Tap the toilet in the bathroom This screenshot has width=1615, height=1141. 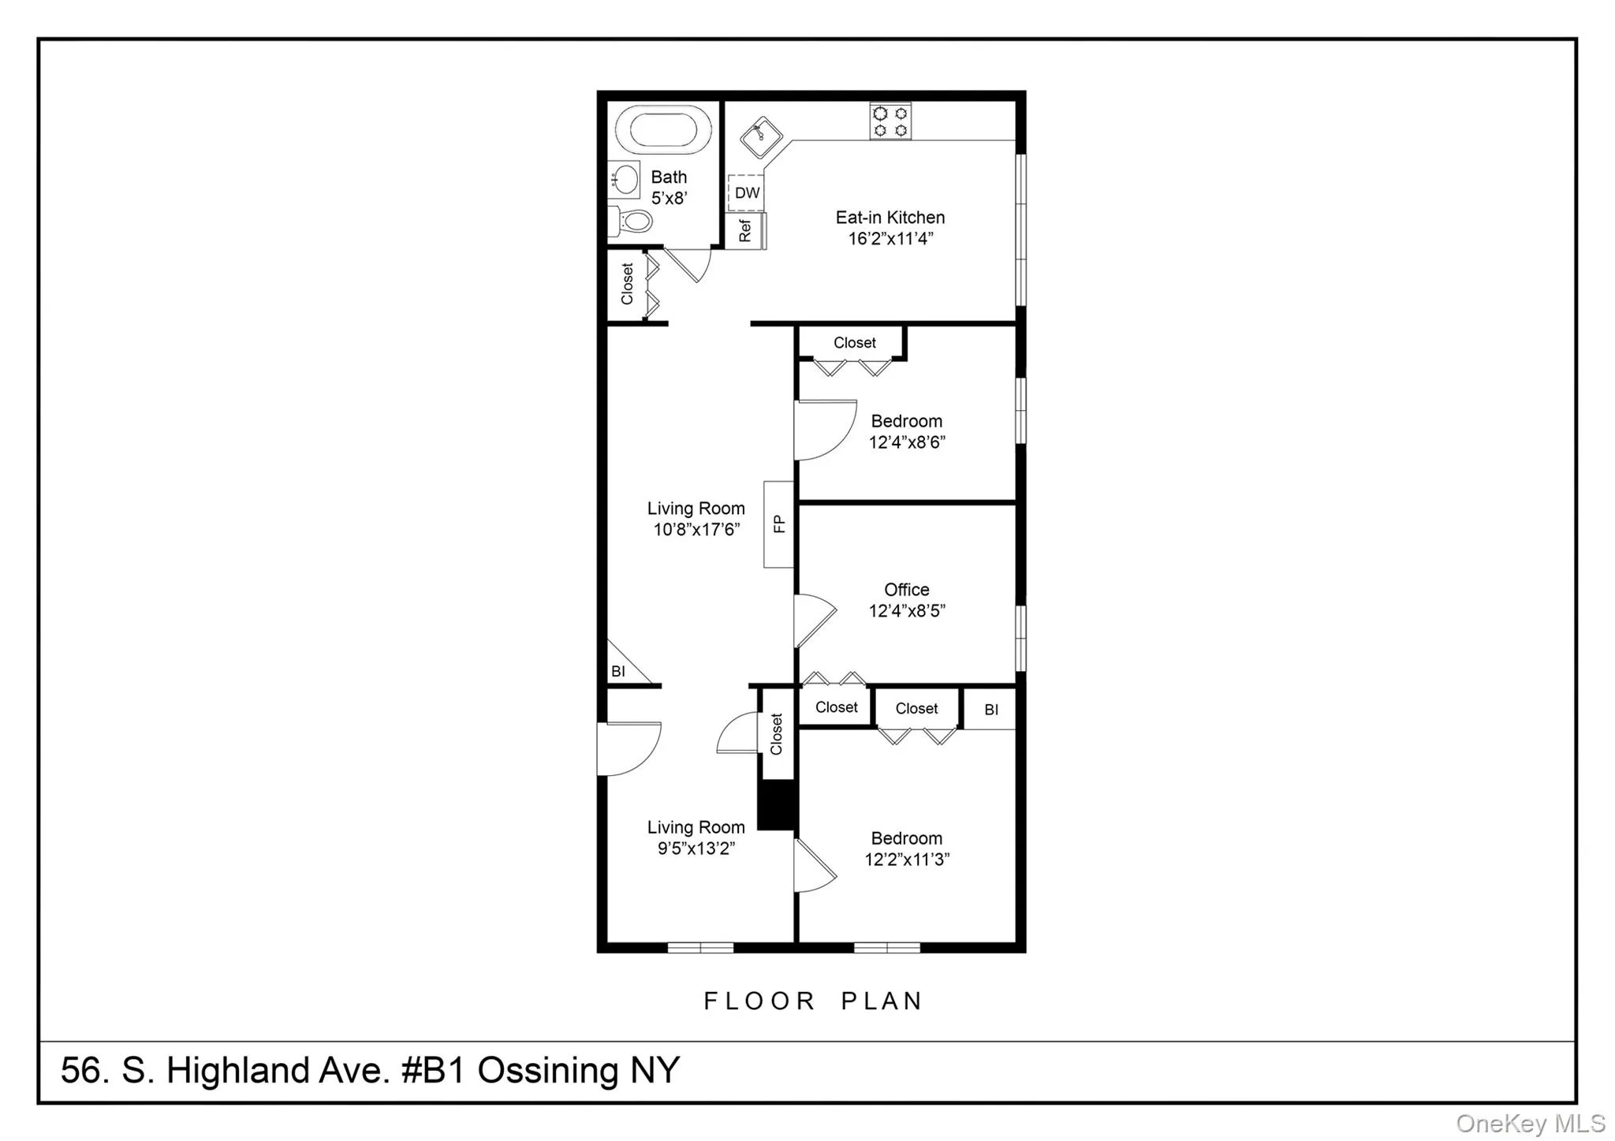coord(632,221)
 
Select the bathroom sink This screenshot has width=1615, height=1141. coord(626,180)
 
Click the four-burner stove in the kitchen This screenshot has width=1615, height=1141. coord(890,121)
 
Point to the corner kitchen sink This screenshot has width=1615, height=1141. coord(761,136)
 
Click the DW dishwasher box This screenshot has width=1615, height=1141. coord(746,192)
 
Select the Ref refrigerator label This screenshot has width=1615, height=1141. coord(745,230)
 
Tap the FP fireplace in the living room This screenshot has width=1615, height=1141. coord(778,524)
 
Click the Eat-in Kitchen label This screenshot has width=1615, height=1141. coord(890,217)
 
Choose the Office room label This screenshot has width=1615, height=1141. coord(906,589)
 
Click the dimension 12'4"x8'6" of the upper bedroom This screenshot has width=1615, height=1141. coord(906,442)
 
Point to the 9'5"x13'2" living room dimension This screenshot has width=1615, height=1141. coord(696,848)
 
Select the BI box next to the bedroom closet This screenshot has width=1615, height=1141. coord(990,710)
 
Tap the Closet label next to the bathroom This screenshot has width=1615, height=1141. coord(627,284)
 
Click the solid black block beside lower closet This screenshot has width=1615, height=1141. coord(777,804)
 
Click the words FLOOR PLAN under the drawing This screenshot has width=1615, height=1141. coord(812,1001)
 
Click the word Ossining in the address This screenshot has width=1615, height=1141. coord(549,1070)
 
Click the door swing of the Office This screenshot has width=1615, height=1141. coord(814,621)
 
